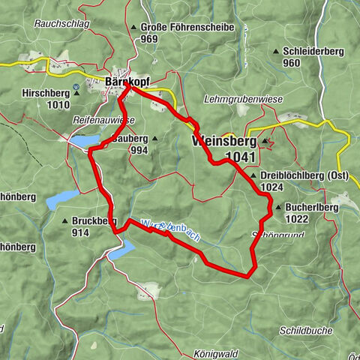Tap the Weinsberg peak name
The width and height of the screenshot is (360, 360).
224,141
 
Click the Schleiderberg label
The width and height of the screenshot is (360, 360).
314,51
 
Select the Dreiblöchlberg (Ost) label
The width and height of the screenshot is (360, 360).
304,175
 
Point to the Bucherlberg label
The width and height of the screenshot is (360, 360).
312,207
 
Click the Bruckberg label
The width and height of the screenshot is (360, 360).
94,221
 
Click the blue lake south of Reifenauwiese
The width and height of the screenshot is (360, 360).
84,139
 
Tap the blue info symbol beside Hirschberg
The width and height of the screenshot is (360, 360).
76,87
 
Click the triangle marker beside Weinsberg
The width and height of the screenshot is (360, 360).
264,141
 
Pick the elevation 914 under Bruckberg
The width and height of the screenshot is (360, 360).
81,233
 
